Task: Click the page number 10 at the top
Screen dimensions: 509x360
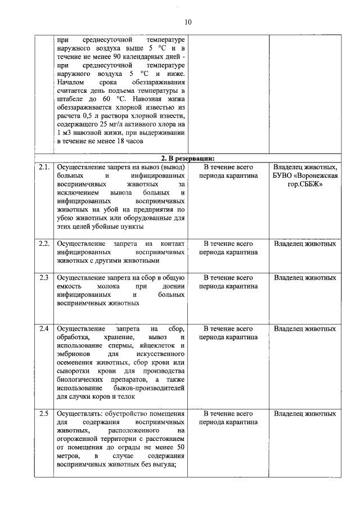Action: coord(188,22)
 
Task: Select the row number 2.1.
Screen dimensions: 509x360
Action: coord(44,167)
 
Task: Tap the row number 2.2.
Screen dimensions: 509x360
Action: coord(44,244)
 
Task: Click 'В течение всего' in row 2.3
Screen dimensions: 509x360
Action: coord(228,277)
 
